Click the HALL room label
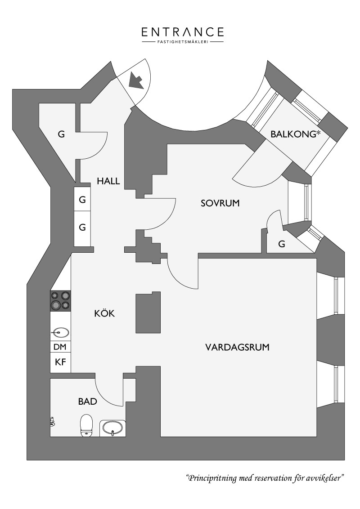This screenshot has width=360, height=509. pyautogui.click(x=108, y=181)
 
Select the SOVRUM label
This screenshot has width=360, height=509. pyautogui.click(x=220, y=203)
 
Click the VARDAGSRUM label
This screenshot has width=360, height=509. pyautogui.click(x=238, y=347)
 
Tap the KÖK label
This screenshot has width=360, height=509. pyautogui.click(x=104, y=313)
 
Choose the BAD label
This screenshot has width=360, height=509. pyautogui.click(x=87, y=402)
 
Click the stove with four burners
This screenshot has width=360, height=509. pyautogui.click(x=60, y=301)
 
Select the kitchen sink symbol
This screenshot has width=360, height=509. pyautogui.click(x=60, y=332)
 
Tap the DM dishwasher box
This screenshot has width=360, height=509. pyautogui.click(x=60, y=347)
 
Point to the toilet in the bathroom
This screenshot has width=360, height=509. pyautogui.click(x=86, y=425)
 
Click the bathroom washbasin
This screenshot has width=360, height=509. pyautogui.click(x=112, y=428)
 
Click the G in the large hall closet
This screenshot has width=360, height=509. pyautogui.click(x=61, y=134)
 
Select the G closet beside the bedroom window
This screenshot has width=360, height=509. pyautogui.click(x=282, y=244)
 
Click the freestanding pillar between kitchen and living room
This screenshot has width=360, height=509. pyautogui.click(x=148, y=313)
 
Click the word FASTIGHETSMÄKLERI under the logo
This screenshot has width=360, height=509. pyautogui.click(x=183, y=42)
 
